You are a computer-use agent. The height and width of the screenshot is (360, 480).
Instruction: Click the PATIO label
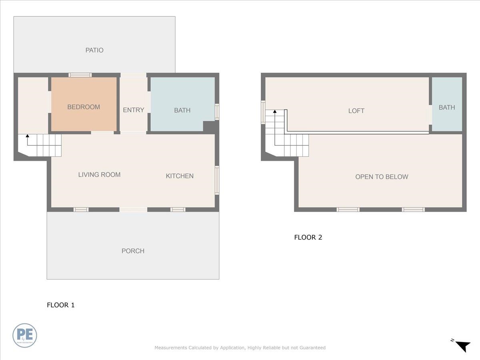(x=94, y=50)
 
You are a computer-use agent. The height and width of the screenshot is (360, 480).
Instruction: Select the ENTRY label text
(x=133, y=110)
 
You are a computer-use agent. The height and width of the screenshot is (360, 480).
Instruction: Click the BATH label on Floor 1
(x=182, y=110)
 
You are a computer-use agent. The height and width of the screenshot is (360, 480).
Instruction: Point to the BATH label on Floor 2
(x=446, y=107)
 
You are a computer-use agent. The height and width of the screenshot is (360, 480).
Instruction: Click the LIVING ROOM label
(x=99, y=174)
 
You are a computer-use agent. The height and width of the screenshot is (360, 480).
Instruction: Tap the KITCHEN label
(x=180, y=176)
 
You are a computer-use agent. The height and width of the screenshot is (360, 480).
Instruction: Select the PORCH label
(x=133, y=251)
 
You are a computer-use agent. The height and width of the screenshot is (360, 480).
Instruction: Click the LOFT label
(x=356, y=111)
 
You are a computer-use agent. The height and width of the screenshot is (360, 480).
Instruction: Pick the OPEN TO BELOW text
(x=382, y=177)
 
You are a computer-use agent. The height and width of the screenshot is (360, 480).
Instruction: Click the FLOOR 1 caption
(x=61, y=305)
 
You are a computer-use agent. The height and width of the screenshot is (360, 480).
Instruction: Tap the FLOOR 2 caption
(x=308, y=237)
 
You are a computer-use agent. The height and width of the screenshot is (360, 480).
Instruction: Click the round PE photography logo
(x=25, y=335)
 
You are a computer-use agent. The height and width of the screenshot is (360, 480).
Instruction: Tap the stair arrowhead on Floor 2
(x=275, y=112)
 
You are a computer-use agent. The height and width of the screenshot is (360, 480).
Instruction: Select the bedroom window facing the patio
(x=80, y=75)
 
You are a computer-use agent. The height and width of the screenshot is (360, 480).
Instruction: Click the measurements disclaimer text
(x=240, y=348)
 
